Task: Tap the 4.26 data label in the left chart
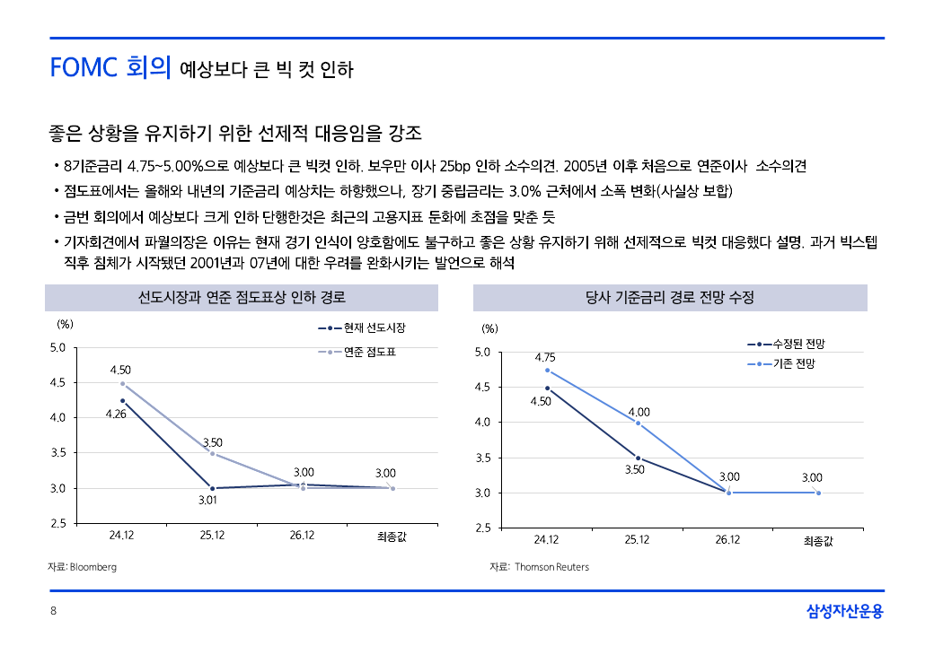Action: coord(115,415)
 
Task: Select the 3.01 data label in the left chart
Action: coord(208,501)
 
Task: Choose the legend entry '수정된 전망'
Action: coord(798,344)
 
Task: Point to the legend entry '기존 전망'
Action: coord(794,363)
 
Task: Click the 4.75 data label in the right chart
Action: coord(544,357)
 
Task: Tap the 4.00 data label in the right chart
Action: coord(639,412)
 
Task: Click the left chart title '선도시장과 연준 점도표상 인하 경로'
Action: coord(242,297)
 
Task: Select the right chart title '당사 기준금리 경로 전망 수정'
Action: coord(669,297)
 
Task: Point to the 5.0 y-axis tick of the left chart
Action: coord(57,347)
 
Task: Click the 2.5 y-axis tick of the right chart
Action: coord(482,528)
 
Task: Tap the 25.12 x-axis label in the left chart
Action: coord(212,536)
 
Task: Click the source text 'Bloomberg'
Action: coord(93,567)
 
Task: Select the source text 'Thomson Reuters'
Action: coord(551,567)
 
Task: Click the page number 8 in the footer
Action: coord(53,612)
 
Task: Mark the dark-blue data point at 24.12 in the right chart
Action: coord(547,388)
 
